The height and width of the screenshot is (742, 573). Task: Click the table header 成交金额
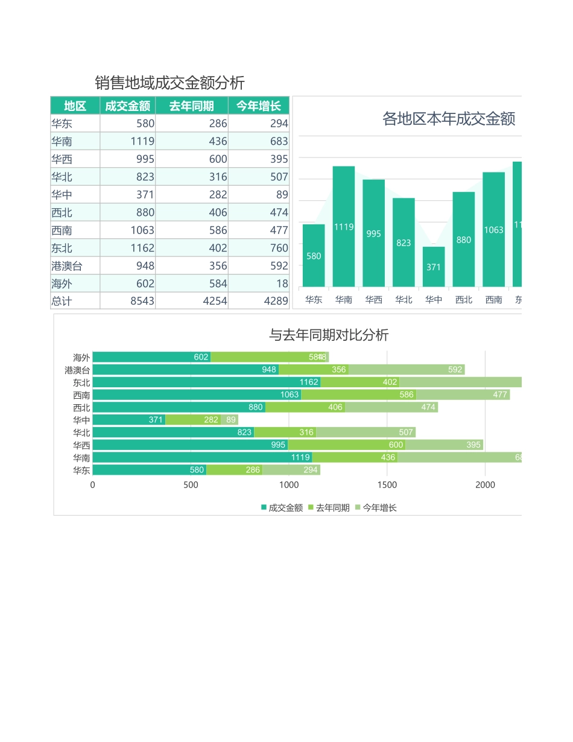click(127, 106)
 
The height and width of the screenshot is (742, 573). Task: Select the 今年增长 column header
click(258, 106)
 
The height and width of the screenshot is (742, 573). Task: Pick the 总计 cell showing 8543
click(142, 301)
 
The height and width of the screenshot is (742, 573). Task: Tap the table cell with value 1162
click(142, 248)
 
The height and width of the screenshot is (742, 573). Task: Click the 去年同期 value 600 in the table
click(215, 159)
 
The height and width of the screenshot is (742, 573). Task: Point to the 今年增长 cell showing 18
click(282, 284)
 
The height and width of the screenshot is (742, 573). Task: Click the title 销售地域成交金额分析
click(169, 83)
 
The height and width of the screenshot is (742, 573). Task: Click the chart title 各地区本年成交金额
click(449, 119)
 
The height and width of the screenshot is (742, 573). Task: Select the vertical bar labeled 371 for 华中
click(434, 266)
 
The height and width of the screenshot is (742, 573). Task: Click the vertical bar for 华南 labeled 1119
click(344, 226)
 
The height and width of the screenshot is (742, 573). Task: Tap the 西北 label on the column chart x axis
click(464, 300)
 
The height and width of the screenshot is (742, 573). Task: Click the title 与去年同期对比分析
click(329, 335)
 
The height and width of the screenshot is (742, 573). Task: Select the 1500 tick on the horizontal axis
click(387, 485)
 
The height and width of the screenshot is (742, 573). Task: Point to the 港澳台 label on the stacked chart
click(78, 370)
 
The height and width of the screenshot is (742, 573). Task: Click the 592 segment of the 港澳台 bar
click(407, 370)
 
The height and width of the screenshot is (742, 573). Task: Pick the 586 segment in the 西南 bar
click(358, 395)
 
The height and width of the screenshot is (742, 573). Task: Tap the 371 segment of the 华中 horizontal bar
click(129, 420)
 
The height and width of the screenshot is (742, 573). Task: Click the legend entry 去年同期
click(329, 508)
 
